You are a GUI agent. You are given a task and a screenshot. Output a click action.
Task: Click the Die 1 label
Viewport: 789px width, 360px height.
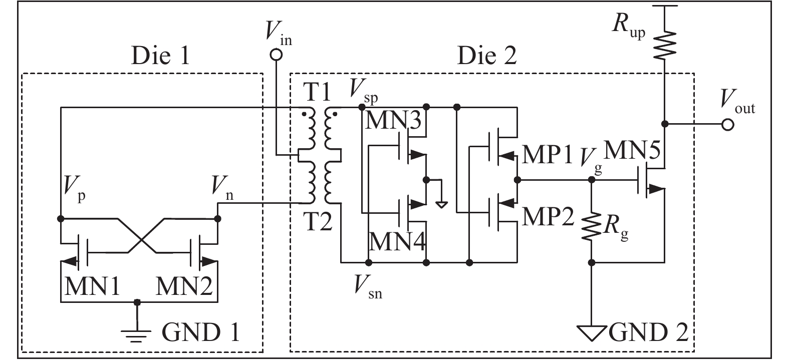coord(160,57)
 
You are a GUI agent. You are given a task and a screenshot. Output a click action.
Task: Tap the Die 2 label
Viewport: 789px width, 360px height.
coord(486,57)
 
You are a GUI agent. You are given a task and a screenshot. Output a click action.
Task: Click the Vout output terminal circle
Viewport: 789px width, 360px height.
coord(728,124)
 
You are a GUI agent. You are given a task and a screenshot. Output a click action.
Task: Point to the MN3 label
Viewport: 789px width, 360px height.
coord(393,121)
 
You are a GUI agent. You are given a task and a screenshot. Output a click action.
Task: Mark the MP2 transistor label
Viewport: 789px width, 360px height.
coord(547,217)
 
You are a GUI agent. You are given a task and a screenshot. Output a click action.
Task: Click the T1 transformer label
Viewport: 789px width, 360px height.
coord(317,93)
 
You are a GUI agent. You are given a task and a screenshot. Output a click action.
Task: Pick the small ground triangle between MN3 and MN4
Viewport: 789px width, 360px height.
coord(441,204)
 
